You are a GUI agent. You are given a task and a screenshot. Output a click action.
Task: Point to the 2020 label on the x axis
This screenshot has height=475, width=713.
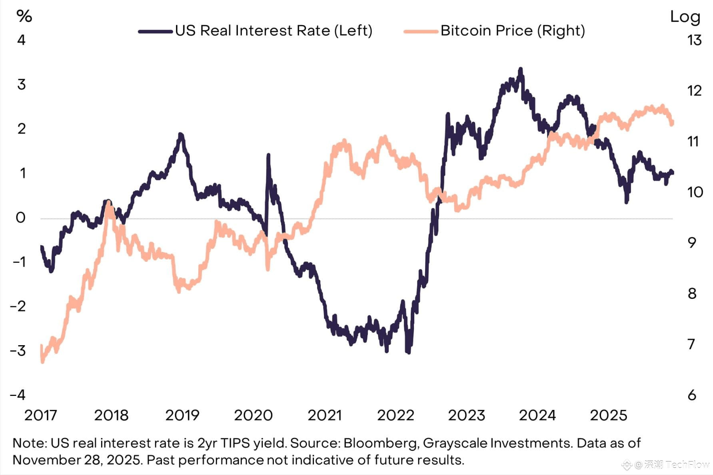point(253,415)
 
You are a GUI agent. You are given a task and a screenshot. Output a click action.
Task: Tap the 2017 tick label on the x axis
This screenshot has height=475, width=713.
point(40,415)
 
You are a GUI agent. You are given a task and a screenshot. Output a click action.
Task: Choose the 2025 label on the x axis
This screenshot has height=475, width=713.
point(608,415)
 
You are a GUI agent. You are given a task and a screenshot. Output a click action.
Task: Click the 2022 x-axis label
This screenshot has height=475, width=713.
point(395,415)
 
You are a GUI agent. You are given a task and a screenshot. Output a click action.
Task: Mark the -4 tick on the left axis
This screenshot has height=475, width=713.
point(18,395)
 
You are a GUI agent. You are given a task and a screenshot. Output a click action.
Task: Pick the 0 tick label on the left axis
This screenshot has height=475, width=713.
point(20,218)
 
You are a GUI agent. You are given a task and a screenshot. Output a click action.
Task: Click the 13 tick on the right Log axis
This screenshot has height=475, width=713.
point(695,40)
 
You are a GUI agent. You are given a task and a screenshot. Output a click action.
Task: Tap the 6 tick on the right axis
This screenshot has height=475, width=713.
point(692,395)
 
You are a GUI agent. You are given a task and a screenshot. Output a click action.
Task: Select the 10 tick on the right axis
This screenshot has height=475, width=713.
point(695,192)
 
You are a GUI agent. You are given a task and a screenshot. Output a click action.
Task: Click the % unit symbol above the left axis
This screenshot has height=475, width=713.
point(24,16)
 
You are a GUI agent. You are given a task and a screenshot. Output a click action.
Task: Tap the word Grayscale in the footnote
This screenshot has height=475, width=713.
point(455,443)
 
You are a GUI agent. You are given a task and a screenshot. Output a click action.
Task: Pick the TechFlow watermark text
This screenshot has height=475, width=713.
point(687,465)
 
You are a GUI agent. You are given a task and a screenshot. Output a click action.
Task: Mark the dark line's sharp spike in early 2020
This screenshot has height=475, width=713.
point(268,155)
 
